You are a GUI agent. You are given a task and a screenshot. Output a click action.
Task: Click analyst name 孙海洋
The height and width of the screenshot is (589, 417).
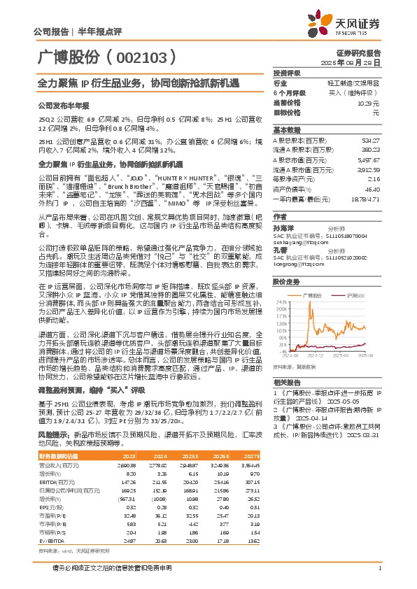[282, 227]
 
